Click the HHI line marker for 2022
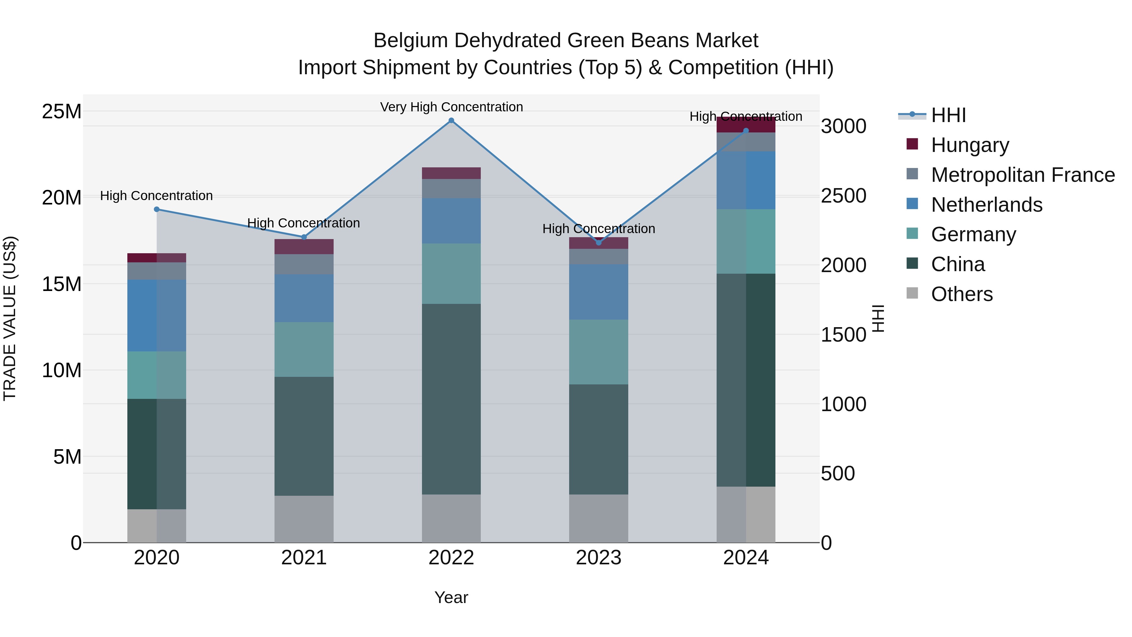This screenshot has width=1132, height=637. pos(451,120)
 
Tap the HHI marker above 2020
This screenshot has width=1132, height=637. pos(157,209)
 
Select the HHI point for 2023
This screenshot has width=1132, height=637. pos(598,243)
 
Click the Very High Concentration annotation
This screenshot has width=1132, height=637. pos(451,107)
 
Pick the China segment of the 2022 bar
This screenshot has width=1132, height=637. pos(451,399)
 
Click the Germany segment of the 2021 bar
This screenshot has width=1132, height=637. pos(304,349)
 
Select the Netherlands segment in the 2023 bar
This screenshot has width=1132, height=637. pos(598,292)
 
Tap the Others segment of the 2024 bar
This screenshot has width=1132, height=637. pos(746,514)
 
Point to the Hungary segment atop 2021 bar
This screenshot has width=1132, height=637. pos(304,247)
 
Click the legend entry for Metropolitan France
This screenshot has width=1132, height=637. pos(1023,175)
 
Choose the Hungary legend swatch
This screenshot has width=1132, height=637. pos(912,144)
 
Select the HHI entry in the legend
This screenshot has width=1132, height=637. pos(948,115)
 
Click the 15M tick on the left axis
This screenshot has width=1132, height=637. pos(62,284)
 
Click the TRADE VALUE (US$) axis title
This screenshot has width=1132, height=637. pos(10,318)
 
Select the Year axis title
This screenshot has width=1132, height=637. pos(451,597)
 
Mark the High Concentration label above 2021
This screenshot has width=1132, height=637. pos(304,223)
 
